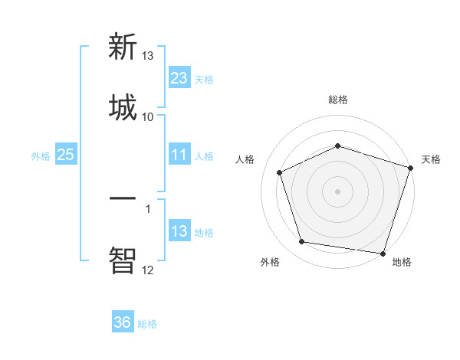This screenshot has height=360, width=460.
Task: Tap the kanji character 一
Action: point(123,198)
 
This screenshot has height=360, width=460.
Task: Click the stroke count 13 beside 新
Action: point(148,56)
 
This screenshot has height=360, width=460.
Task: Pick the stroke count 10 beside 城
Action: point(148,116)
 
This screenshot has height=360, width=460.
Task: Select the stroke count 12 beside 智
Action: point(148,269)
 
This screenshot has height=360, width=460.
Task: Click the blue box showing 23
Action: point(179,78)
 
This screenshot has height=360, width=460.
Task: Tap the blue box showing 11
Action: point(179,155)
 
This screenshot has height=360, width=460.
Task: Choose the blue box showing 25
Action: point(65,155)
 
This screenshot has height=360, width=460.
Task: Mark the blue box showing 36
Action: point(123,322)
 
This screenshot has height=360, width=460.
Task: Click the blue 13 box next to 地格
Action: point(179,231)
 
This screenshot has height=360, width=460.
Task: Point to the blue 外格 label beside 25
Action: point(41,155)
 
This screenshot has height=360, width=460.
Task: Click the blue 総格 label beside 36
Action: point(147,323)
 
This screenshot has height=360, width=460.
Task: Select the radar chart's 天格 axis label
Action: point(431,159)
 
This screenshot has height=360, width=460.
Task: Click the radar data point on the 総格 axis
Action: point(337,146)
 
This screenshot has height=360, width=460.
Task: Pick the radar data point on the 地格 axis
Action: point(382,253)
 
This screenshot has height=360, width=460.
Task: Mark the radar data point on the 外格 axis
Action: point(301,242)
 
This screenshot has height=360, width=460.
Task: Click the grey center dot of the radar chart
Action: point(337,191)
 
